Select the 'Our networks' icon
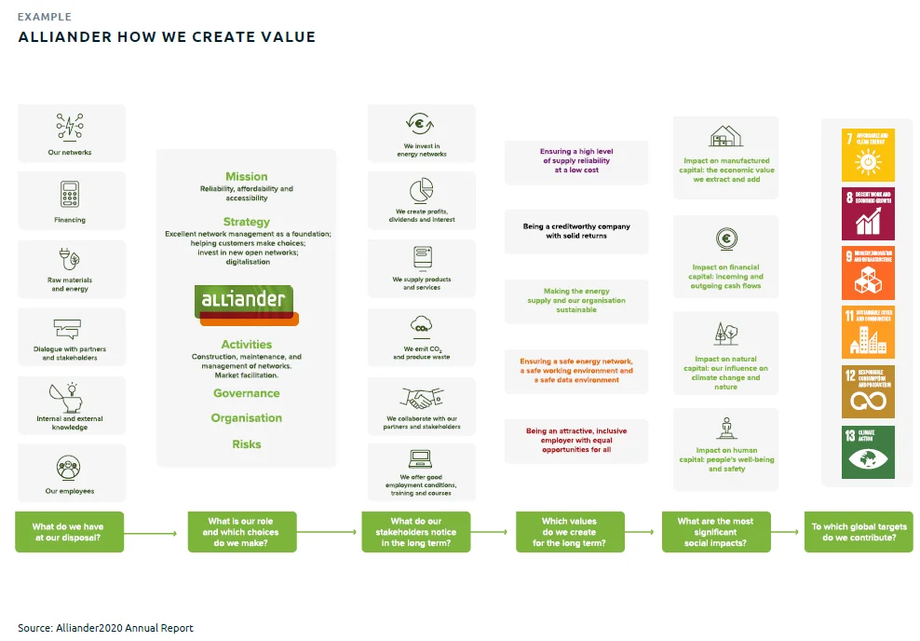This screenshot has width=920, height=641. (x=70, y=127)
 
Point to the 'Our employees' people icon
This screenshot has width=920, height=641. (x=70, y=467)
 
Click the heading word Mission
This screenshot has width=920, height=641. (x=246, y=176)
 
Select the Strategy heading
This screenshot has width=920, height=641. (x=246, y=222)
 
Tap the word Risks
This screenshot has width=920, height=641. (x=246, y=444)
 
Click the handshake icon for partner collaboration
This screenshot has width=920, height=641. (x=422, y=399)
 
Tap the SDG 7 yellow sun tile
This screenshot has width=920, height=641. (x=868, y=155)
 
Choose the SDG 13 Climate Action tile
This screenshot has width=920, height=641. (x=868, y=453)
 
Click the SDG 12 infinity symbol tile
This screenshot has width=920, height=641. (x=868, y=392)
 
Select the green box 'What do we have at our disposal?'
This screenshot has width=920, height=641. (x=68, y=532)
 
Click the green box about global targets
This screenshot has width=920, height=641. (x=859, y=532)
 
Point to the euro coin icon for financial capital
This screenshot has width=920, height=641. (x=725, y=239)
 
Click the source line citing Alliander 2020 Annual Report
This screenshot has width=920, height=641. (x=105, y=628)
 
